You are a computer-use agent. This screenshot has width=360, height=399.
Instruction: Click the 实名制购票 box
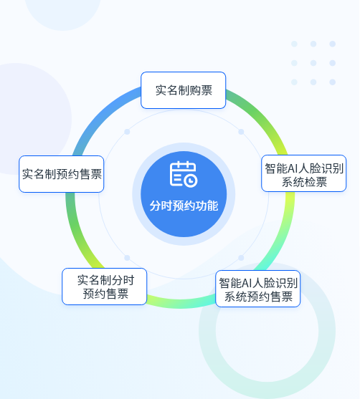tap(183, 90)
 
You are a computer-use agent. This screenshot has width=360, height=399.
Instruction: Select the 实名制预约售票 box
tap(62, 174)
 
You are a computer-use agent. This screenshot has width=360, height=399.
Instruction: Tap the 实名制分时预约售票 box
tap(105, 287)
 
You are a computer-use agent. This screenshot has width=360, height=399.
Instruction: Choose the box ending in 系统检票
tap(303, 173)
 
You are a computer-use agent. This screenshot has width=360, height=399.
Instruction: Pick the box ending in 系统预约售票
tap(258, 289)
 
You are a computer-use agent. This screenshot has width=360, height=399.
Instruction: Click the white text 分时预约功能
tap(184, 206)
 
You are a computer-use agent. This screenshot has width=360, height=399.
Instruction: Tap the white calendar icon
tap(184, 174)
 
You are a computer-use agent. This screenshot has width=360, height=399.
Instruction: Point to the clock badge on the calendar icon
tap(191, 181)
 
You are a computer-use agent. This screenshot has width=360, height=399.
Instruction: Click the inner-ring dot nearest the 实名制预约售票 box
tap(127, 132)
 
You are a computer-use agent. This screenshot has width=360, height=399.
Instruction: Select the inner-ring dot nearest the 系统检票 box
tap(241, 132)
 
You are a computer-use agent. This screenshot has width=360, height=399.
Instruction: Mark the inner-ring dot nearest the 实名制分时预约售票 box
tap(127, 258)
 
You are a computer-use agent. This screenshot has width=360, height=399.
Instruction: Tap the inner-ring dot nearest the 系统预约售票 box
tap(241, 258)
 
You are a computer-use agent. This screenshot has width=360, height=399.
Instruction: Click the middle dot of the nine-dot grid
tap(313, 63)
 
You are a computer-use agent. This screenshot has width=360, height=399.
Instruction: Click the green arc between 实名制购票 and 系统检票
tap(262, 117)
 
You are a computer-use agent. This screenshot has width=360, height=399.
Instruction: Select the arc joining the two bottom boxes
tap(181, 304)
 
